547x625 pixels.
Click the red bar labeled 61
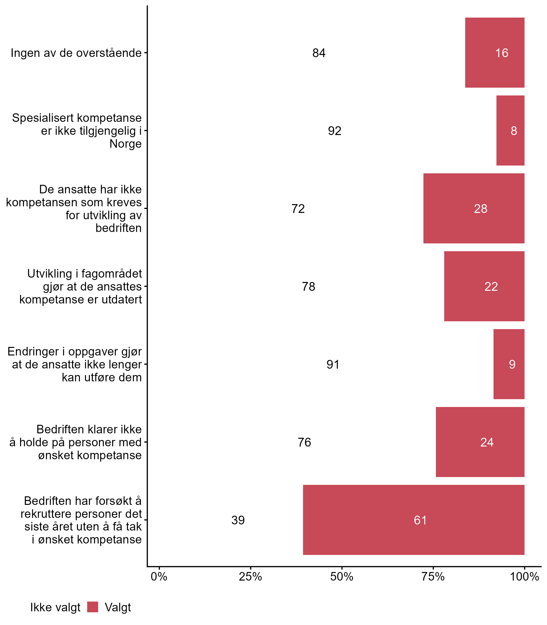(x=414, y=520)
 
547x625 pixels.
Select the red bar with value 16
(x=494, y=53)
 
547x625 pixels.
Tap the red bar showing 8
(x=510, y=131)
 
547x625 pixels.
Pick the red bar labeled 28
(x=474, y=208)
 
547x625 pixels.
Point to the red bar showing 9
(x=509, y=364)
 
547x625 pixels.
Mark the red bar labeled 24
(x=480, y=442)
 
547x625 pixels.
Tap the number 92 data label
(x=335, y=131)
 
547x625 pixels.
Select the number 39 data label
(x=238, y=520)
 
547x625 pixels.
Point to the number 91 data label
(x=333, y=364)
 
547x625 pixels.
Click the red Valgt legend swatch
(x=93, y=607)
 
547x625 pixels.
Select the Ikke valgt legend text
(x=55, y=608)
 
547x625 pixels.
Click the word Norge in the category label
(x=126, y=144)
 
